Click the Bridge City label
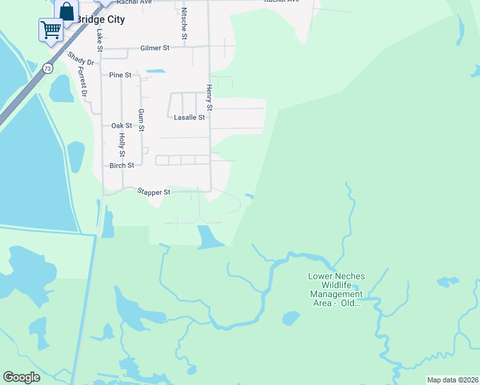[99, 19]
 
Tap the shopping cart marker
[50, 29]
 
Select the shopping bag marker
[67, 11]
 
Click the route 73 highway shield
[47, 67]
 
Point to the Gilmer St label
[155, 48]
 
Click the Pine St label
[120, 75]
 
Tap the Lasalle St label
[189, 117]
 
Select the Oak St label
[121, 126]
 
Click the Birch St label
[121, 165]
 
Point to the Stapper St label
[153, 192]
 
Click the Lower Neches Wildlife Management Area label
[336, 289]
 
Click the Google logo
[21, 377]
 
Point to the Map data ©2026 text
[452, 380]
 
